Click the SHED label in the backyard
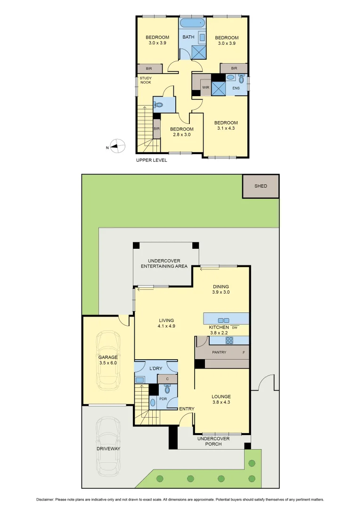[261, 186]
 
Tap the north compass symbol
[118, 147]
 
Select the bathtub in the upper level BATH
[192, 23]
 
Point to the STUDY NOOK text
[146, 81]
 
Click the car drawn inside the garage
[108, 361]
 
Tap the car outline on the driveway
[108, 448]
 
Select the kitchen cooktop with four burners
[229, 340]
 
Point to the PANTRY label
[220, 353]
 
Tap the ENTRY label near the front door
[187, 409]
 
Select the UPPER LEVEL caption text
[151, 160]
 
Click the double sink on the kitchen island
[223, 320]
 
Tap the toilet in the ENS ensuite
[241, 79]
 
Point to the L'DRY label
[156, 368]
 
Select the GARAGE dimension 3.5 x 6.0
[108, 363]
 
